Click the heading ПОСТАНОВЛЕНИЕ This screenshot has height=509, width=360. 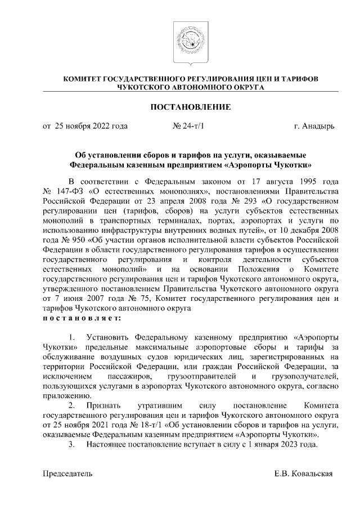coord(190,106)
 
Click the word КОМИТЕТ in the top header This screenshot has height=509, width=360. coord(82,79)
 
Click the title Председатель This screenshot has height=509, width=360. coord(68,473)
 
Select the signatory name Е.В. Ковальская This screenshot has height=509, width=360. coord(304,473)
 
